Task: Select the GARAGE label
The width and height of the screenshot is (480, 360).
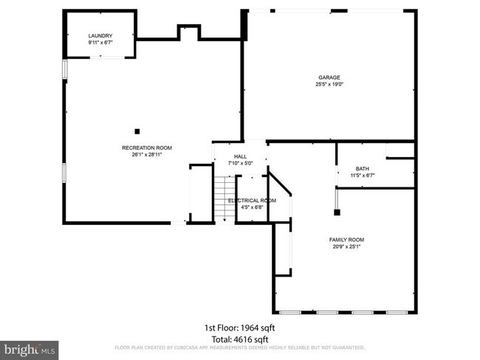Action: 329,77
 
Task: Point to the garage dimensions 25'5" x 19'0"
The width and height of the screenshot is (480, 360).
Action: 329,84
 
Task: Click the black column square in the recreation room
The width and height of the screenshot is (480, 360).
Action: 137,131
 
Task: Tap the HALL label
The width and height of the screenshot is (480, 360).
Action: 240,156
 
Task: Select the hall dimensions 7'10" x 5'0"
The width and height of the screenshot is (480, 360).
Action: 240,163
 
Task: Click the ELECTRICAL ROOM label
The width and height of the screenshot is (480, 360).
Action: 252,201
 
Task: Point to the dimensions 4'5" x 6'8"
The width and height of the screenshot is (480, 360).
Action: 252,207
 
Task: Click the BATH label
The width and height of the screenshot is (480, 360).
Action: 362,168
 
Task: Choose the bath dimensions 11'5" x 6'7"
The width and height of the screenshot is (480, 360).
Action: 362,176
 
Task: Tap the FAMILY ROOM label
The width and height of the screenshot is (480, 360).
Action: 346,240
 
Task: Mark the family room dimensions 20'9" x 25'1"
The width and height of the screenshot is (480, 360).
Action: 346,246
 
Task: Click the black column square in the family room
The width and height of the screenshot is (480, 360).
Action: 337,212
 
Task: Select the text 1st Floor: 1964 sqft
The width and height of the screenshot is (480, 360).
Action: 240,327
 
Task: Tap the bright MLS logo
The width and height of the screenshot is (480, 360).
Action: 30,348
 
